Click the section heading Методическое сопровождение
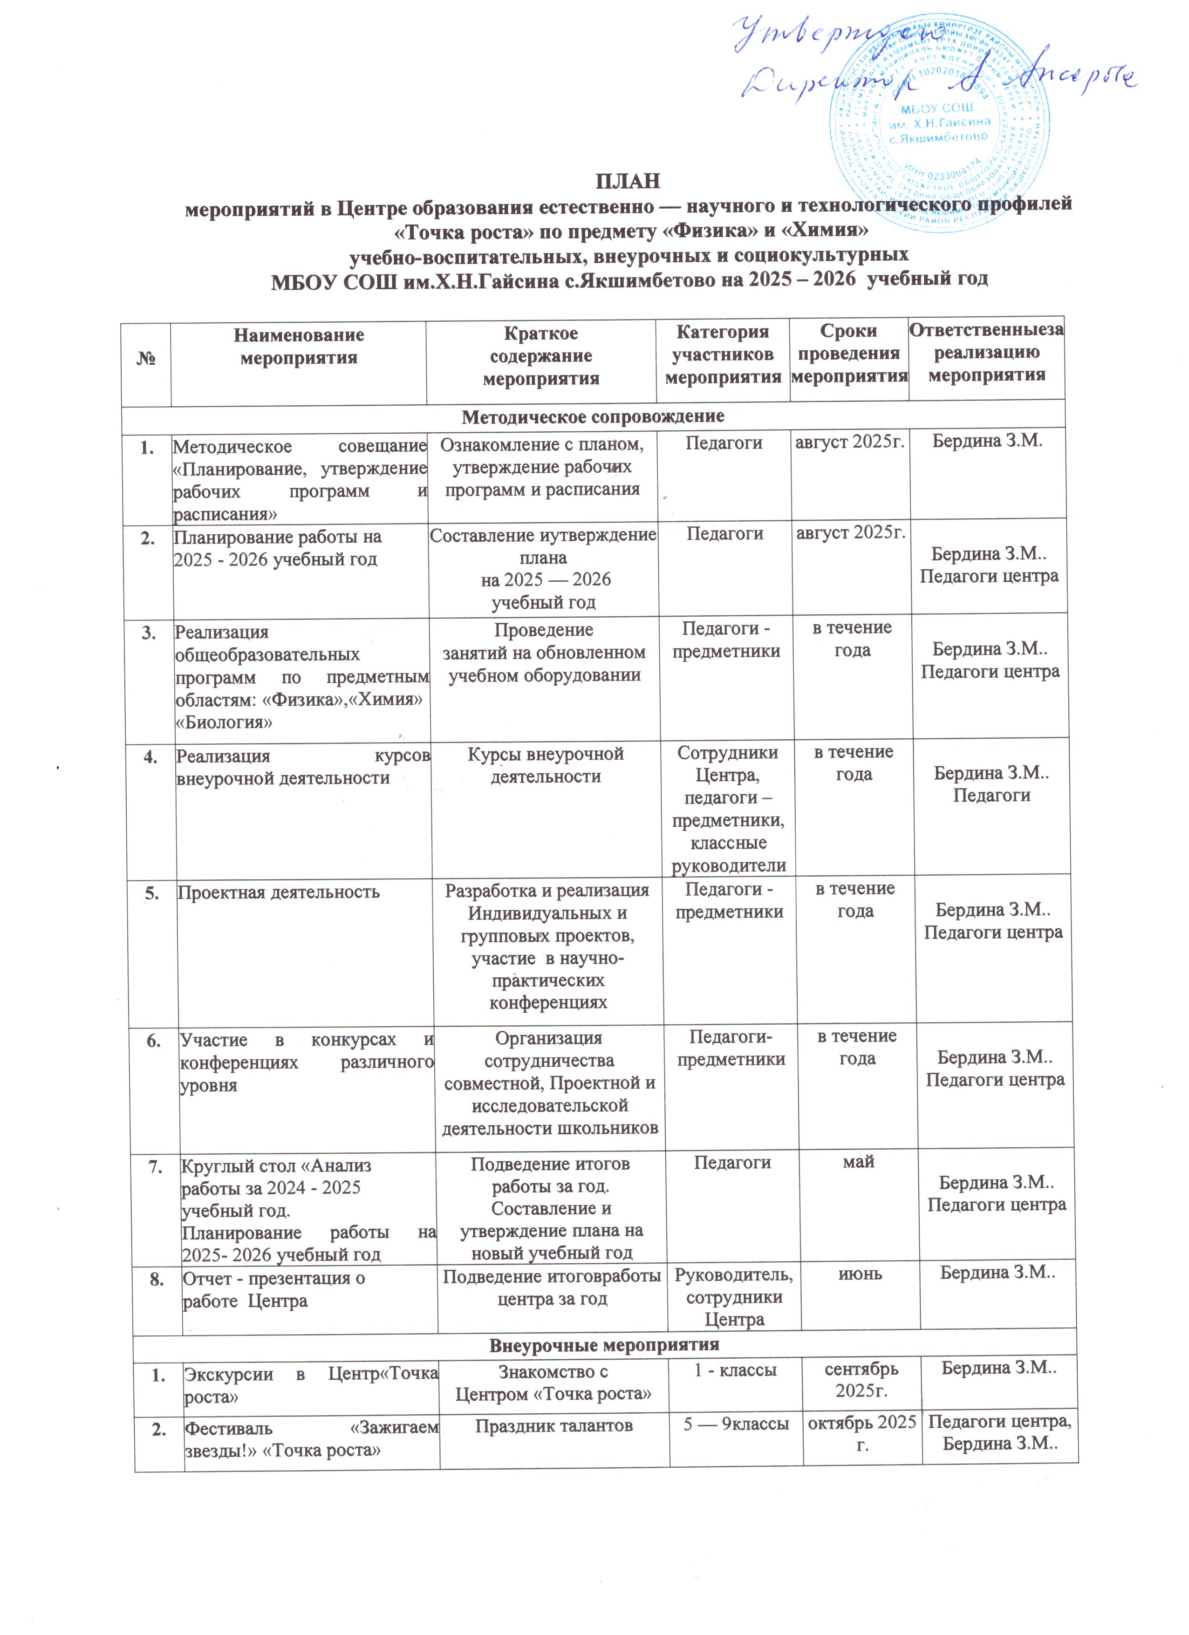(593, 416)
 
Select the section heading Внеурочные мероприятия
(604, 1344)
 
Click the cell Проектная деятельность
(278, 892)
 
